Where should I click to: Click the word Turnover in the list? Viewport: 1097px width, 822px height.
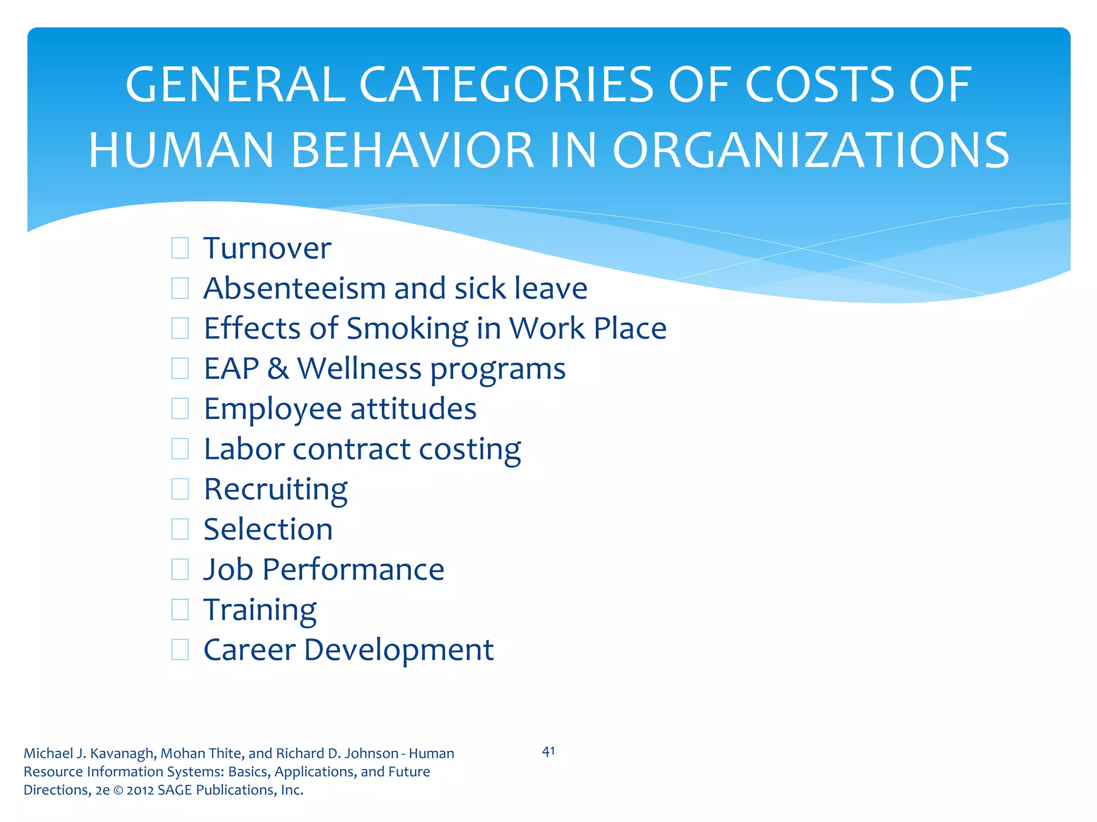coord(267,248)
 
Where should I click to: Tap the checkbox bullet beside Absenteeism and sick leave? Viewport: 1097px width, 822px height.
coord(180,288)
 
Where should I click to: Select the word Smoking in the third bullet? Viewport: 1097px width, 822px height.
coord(408,329)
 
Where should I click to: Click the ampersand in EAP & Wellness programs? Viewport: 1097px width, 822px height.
coord(278,369)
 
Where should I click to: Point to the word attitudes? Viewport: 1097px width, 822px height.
coord(413,409)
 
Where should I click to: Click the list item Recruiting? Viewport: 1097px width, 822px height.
coord(276,490)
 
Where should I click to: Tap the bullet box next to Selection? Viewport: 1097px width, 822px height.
coord(180,529)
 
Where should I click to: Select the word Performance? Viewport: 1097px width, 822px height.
coord(354,569)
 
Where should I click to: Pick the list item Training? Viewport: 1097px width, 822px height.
coord(260,610)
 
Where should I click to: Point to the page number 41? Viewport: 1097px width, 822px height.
coord(548,751)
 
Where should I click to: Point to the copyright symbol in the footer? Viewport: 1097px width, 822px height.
coord(118,790)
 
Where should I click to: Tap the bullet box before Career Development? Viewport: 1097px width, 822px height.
coord(180,650)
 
